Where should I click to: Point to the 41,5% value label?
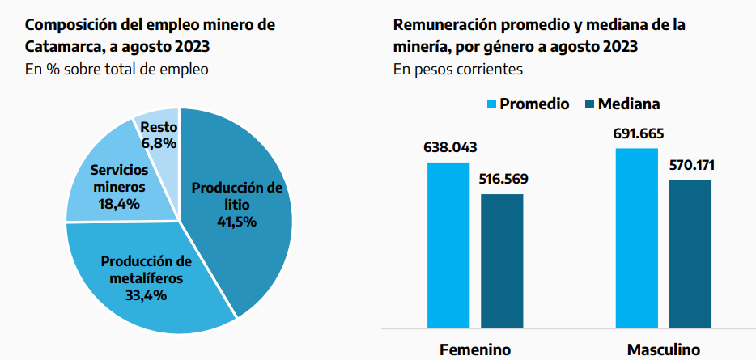coord(236,221)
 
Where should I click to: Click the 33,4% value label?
coord(147,295)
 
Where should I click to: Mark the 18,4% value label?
coord(119,203)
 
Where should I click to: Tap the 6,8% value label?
coord(158,143)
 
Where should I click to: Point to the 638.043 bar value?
coord(450,148)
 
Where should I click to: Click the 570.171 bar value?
coord(690,166)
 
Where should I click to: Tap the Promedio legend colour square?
coord(490,104)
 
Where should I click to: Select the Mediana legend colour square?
coord(588,104)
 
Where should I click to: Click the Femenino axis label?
coord(475,350)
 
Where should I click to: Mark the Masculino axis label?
coord(664,350)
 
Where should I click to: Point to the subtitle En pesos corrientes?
coord(458,70)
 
